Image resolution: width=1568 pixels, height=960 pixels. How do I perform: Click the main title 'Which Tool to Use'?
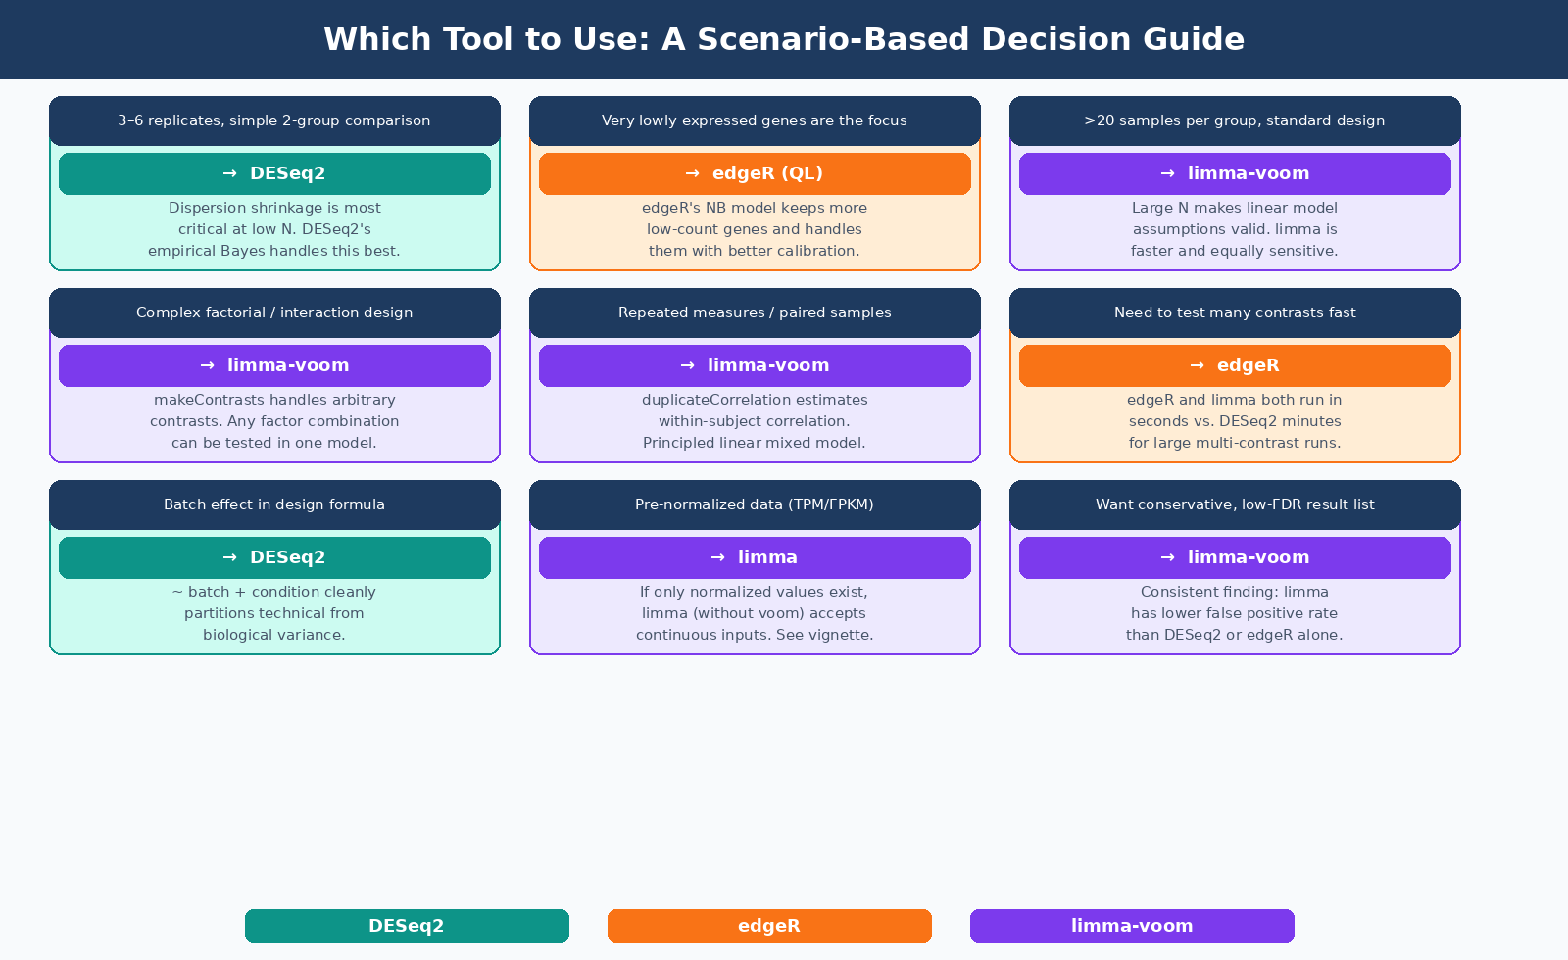(784, 39)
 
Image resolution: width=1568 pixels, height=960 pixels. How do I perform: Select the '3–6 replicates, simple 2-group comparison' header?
(274, 120)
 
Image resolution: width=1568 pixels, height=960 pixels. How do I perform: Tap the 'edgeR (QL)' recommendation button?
(755, 173)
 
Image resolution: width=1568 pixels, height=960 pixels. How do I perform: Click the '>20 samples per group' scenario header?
(1235, 120)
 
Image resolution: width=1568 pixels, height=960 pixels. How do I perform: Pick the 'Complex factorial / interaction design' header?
(274, 312)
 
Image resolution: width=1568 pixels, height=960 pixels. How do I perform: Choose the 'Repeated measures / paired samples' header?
(755, 312)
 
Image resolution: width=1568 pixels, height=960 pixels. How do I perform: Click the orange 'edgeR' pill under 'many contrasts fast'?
(1235, 365)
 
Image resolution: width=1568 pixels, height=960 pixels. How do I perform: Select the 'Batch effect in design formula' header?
(274, 504)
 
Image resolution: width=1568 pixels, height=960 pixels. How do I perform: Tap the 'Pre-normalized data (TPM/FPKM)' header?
(755, 504)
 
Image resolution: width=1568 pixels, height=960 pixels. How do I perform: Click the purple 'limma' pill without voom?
(755, 557)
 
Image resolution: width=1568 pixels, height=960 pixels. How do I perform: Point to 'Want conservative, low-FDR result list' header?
(1235, 504)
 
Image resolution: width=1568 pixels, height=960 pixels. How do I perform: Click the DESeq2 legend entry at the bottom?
(407, 926)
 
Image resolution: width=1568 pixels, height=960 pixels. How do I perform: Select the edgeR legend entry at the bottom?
(769, 926)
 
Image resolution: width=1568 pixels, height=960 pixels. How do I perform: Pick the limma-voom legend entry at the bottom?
(1132, 926)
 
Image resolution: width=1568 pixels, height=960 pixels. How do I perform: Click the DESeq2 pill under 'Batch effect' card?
(274, 557)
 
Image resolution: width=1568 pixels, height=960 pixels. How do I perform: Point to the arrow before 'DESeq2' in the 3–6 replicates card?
(230, 173)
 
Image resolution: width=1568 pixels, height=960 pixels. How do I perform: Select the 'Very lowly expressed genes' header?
(755, 120)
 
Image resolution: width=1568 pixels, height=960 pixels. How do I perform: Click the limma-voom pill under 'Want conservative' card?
(1235, 557)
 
